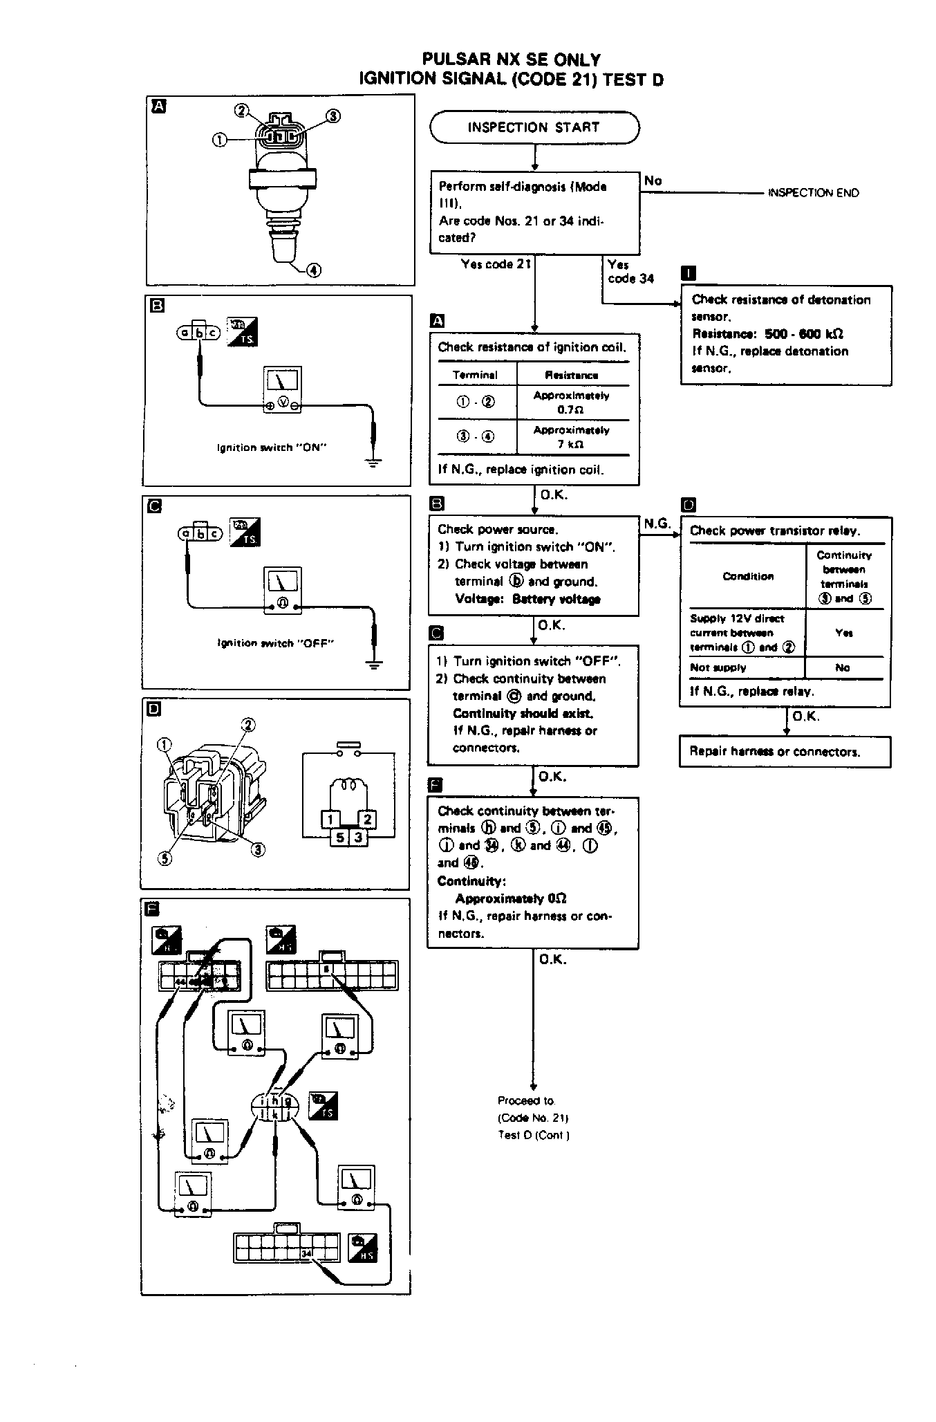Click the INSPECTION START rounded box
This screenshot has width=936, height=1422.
pos(534,127)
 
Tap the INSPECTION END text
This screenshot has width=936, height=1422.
pos(813,193)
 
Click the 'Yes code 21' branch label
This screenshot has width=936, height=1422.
pos(496,264)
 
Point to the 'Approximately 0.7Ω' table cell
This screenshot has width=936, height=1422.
pos(571,403)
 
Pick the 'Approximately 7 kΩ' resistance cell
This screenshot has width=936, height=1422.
pos(571,437)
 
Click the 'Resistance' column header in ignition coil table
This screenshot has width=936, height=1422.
pos(571,375)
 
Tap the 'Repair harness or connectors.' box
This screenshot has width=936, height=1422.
pos(785,752)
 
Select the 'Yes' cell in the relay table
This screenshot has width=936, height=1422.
pos(843,633)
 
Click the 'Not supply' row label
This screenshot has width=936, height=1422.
pos(718,667)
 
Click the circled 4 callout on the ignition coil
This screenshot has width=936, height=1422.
pos(313,270)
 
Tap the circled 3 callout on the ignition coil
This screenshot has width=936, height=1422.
pos(333,116)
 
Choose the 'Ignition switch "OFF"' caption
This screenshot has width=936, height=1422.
pos(275,643)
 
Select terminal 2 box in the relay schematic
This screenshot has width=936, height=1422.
pos(367,820)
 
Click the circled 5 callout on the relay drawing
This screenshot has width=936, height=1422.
pos(165,858)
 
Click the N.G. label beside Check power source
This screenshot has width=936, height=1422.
pos(657,524)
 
